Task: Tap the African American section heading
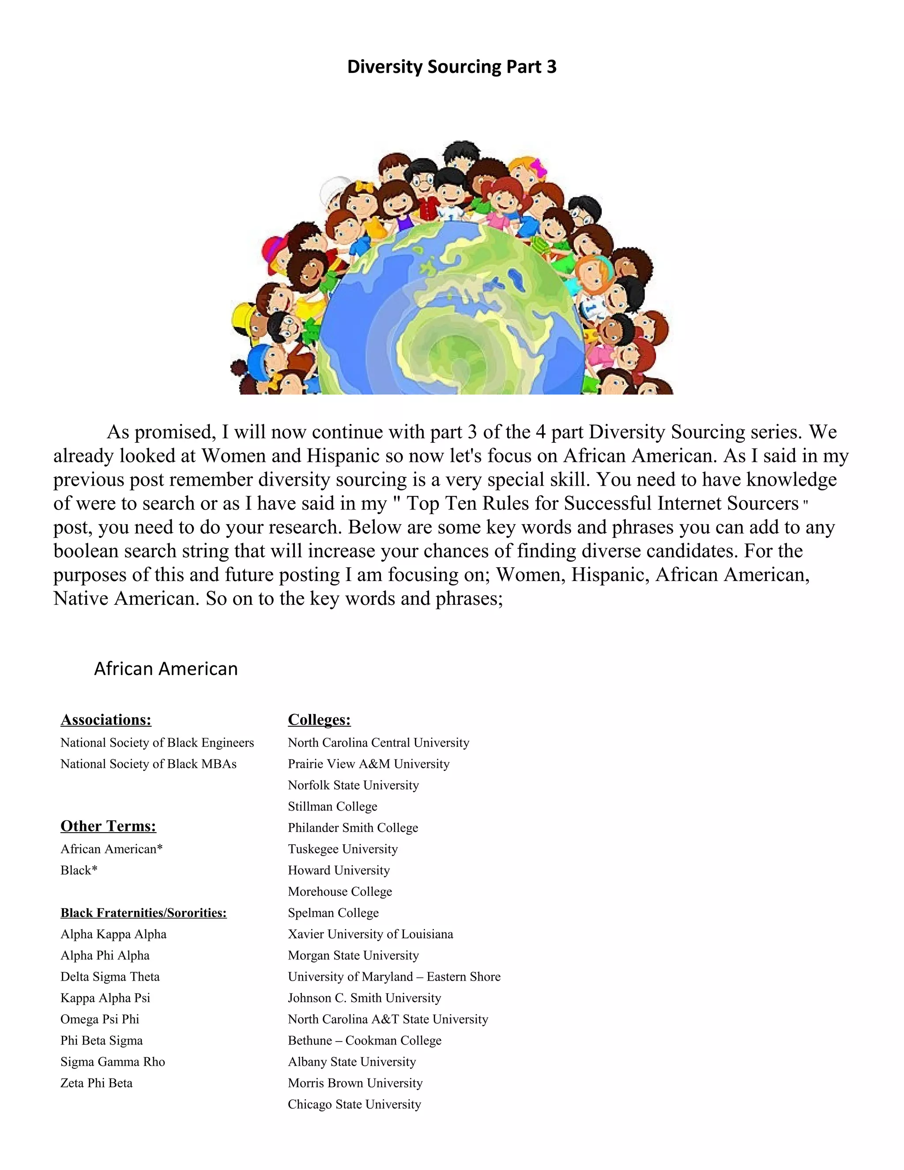(166, 668)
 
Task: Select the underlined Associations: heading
(106, 720)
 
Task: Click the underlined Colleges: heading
(319, 720)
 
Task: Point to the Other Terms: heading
(108, 826)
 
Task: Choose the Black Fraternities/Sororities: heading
(143, 913)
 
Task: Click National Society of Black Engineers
(157, 743)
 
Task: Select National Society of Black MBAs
(148, 764)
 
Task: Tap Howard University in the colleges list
(339, 870)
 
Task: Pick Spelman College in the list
(333, 913)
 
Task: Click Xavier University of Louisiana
(370, 934)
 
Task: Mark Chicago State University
(354, 1104)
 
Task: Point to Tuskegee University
(343, 849)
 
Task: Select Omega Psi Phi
(100, 1019)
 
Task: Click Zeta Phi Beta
(96, 1083)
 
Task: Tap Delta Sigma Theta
(110, 977)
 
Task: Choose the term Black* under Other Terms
(79, 870)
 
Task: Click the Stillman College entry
(332, 806)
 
